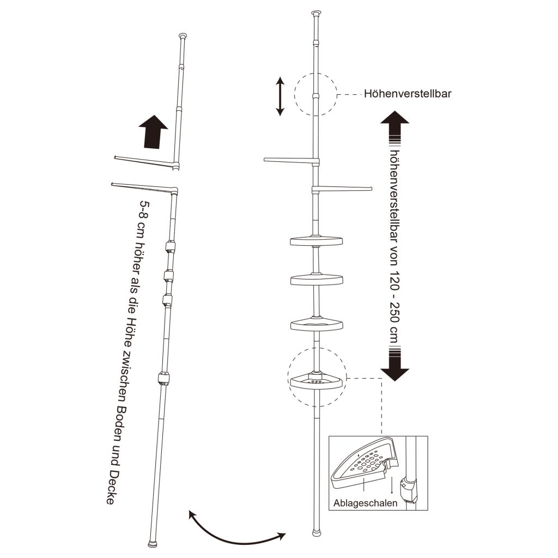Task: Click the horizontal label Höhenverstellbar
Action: [408, 94]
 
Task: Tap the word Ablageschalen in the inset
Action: [365, 503]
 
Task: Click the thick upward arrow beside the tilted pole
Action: [153, 131]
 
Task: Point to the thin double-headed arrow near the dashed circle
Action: [281, 97]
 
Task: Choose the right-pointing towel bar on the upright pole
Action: [342, 189]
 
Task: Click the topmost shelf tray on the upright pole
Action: [317, 241]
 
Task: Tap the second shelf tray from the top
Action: [317, 280]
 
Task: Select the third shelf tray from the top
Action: [317, 324]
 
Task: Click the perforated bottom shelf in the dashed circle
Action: [318, 381]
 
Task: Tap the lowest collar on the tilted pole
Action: [163, 379]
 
